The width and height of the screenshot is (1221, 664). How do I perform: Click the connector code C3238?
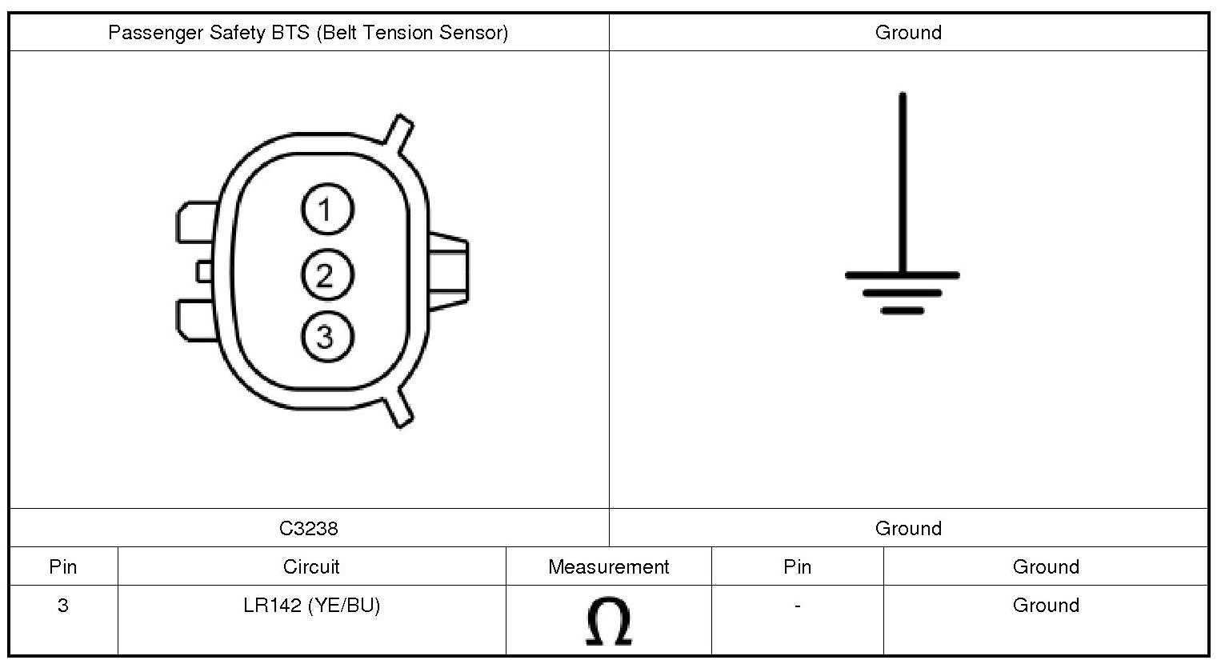309,528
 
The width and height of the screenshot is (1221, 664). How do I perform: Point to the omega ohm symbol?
609,621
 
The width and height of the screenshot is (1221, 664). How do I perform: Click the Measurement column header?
608,566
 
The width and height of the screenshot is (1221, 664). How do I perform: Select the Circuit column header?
311,566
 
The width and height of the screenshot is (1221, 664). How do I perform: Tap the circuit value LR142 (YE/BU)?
312,605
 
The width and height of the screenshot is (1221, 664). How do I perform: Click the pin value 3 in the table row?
62,605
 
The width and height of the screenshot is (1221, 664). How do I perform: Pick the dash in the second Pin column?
798,606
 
